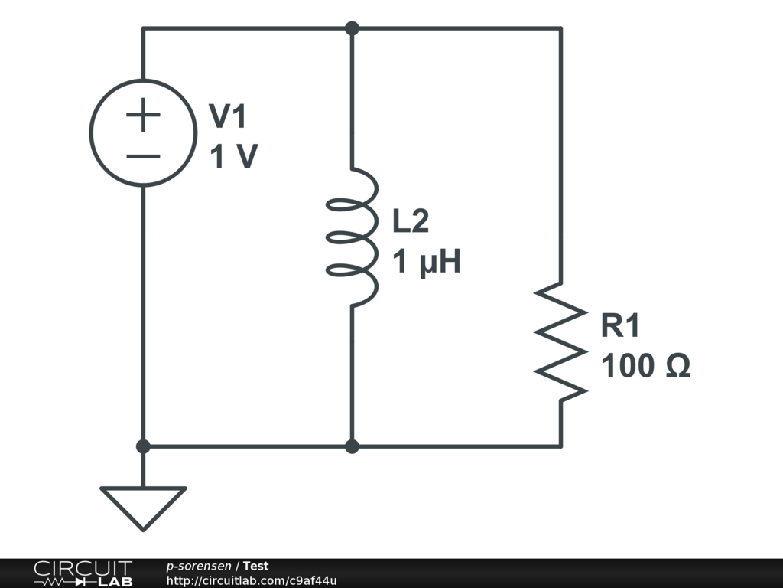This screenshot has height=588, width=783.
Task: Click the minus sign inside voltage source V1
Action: [143, 156]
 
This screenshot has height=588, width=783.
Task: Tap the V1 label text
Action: [229, 117]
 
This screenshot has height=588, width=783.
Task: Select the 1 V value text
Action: [233, 158]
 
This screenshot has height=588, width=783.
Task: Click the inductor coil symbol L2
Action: [353, 237]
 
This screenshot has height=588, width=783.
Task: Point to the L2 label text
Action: [411, 222]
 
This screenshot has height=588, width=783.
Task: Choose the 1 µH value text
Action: [427, 263]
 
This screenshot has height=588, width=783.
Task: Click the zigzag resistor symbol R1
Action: [561, 341]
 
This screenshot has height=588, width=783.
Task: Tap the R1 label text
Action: [620, 326]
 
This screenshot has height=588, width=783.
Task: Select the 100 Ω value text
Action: [645, 367]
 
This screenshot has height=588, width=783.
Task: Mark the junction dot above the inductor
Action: [352, 29]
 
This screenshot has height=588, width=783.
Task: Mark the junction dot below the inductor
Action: [352, 446]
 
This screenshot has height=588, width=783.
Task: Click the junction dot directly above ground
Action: [143, 446]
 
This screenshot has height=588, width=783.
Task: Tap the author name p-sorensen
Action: [199, 567]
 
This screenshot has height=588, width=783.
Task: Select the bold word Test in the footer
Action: [256, 567]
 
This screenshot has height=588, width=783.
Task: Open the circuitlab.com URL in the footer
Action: [252, 581]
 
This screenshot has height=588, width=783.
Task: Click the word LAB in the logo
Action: [115, 582]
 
